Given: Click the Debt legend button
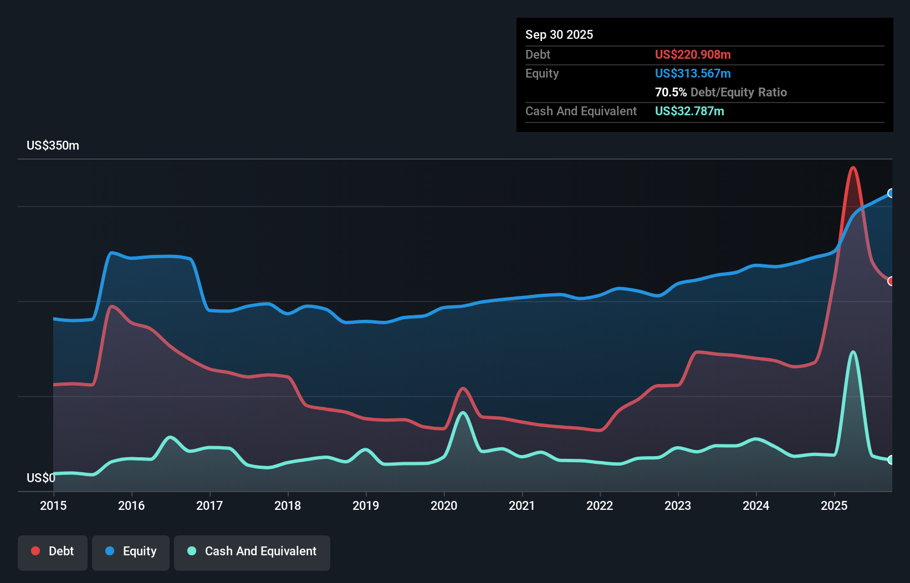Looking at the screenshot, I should pos(53,551).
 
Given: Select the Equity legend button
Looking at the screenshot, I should pos(131,551).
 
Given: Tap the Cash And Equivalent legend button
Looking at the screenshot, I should pos(252,551).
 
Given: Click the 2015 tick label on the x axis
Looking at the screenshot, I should pos(53,505).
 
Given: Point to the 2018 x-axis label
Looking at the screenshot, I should pos(288,505).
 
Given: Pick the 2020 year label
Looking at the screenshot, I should pos(444,505).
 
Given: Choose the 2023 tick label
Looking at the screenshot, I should pos(678,505).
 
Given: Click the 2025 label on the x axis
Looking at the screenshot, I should pos(834,505).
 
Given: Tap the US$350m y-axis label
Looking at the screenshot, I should pos(53,146).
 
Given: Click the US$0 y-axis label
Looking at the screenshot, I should pos(41,478).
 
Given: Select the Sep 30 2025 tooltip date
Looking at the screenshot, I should pos(559,35).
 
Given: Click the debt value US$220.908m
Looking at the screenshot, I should pos(692,55).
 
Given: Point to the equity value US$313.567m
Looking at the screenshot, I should pos(692,74).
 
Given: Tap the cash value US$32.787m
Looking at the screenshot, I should pos(689,111).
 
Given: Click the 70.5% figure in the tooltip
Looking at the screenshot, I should pos(671,93).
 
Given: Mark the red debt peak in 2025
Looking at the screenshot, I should pos(853,167).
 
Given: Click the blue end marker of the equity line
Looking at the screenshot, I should pos(891,193).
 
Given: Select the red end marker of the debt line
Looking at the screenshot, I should pos(891,281).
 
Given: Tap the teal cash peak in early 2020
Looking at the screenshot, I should pos(463,413).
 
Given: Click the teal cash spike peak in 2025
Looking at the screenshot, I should pos(853,352).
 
